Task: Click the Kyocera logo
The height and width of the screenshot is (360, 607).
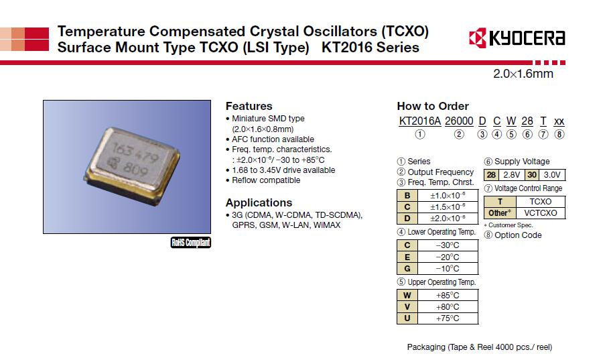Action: point(517,38)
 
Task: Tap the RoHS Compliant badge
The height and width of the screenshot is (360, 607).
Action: point(191,243)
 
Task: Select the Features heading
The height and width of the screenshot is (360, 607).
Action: point(249,106)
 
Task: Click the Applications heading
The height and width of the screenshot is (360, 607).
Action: point(259,202)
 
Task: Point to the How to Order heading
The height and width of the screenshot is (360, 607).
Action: point(433,106)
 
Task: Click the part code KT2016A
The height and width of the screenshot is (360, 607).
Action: point(419,121)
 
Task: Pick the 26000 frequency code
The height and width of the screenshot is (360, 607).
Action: point(459,121)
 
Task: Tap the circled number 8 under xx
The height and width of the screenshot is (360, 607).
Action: point(559,134)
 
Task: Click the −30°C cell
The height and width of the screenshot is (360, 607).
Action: point(447,245)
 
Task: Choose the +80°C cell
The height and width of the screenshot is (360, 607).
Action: point(447,306)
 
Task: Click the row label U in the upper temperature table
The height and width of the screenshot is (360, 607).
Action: point(406,318)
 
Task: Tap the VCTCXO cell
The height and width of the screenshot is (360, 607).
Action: point(540,213)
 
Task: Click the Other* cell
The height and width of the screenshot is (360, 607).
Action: point(500,213)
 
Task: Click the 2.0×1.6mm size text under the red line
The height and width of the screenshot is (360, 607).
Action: point(523,74)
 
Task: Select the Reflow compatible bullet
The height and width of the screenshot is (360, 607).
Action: point(265,180)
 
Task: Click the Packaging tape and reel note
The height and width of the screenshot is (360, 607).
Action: point(480,347)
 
